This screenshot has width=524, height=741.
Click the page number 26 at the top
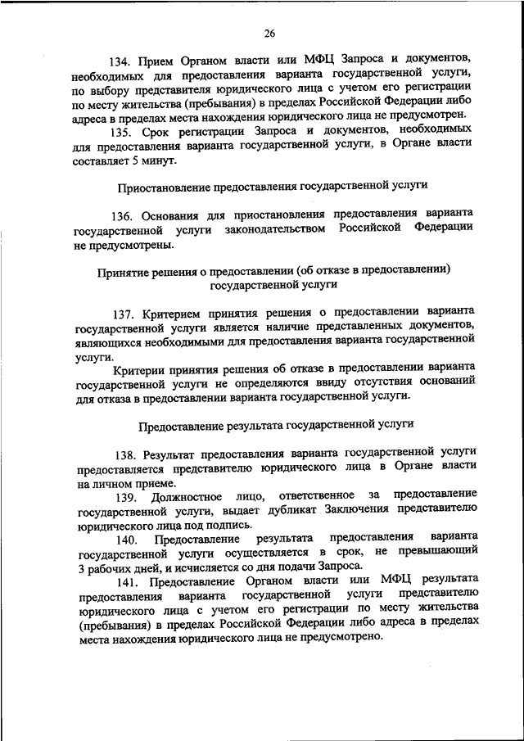(x=269, y=34)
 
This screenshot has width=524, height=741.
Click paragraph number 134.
(x=122, y=61)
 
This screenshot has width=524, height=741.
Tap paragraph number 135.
(x=122, y=130)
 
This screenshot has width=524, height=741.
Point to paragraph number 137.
(x=126, y=312)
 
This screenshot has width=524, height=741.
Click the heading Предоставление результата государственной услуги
(x=275, y=424)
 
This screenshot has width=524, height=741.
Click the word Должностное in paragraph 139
(x=181, y=496)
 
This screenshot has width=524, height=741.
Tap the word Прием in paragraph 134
(x=156, y=61)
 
